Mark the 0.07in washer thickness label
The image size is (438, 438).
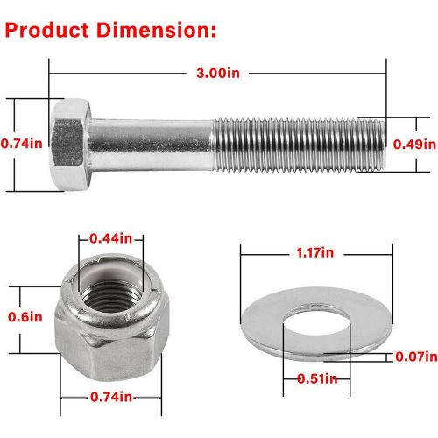point(414,356)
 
